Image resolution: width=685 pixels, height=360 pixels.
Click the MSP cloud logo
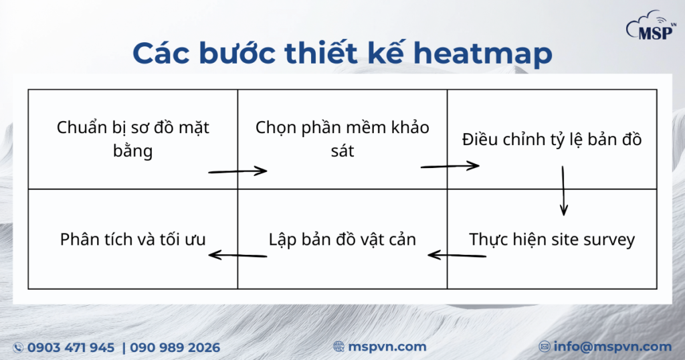652,25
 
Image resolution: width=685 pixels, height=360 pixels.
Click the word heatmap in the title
483,54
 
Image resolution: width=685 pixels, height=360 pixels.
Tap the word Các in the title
161,53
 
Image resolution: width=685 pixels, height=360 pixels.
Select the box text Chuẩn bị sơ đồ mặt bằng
133,139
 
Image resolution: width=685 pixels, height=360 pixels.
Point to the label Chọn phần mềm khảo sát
342,139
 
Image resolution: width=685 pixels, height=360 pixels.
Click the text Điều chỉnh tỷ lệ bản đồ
552,139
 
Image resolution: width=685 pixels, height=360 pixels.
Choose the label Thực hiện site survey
552,240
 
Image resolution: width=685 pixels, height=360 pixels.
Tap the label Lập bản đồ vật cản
342,240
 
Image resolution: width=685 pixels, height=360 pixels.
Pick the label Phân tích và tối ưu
133,240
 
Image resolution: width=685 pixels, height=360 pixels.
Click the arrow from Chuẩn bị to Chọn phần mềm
237,171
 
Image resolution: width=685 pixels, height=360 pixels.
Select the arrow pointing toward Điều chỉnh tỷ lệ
450,166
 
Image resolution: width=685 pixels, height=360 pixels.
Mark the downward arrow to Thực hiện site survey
563,191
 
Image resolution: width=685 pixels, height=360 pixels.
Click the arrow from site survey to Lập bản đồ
457,255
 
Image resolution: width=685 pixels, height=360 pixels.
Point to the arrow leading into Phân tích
237,255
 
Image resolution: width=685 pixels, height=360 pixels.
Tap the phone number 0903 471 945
71,348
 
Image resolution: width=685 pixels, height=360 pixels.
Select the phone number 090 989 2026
175,348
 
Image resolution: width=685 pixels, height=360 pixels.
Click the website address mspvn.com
387,347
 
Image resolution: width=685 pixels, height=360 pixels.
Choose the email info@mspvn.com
613,347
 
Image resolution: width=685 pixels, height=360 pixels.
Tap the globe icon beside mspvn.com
338,347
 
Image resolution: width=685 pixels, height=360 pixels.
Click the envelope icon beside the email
545,347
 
